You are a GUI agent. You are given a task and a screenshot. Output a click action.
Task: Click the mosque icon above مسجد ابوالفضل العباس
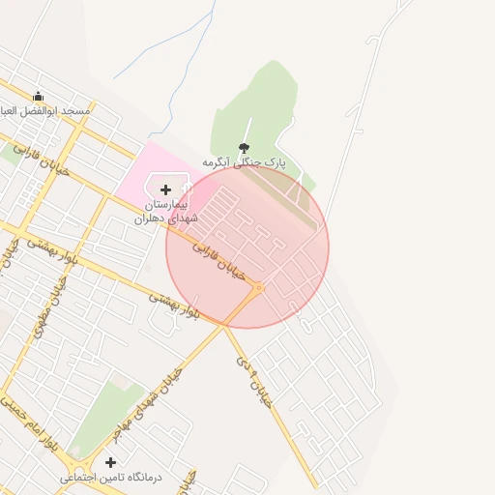(x=38, y=97)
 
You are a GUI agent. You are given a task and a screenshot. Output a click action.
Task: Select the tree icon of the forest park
(x=242, y=148)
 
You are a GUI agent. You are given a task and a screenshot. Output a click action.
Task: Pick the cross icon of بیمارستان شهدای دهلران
(x=165, y=190)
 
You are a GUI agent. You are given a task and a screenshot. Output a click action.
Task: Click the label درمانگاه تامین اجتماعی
(x=111, y=477)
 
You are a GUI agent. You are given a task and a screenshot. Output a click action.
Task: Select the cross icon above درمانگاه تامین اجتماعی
(x=110, y=462)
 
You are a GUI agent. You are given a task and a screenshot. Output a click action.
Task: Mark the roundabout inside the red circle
(x=258, y=287)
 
